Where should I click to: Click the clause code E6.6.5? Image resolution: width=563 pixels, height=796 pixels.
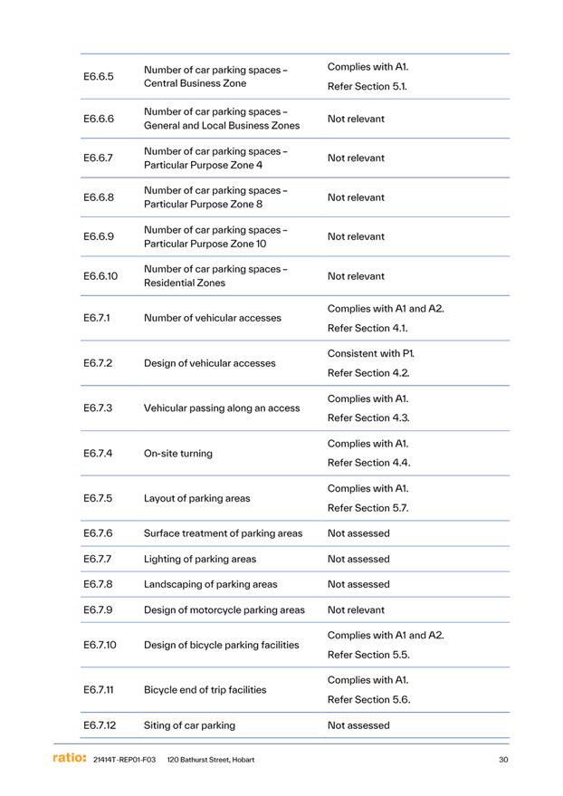click(99, 76)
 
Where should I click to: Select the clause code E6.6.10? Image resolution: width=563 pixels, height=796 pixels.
click(100, 276)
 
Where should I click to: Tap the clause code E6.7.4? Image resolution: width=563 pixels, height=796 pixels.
click(98, 453)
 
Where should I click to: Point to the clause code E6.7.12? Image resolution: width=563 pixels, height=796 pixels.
click(100, 725)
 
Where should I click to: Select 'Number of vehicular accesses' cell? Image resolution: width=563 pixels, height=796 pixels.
click(213, 318)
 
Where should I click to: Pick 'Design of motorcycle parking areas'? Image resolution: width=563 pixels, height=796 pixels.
click(224, 609)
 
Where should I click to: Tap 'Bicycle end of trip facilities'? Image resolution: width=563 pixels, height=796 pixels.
click(205, 690)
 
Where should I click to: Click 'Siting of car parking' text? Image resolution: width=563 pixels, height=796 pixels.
click(189, 725)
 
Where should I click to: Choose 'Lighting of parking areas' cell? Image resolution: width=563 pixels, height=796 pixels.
click(200, 559)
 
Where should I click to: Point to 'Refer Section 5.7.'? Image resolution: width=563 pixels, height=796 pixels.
click(368, 508)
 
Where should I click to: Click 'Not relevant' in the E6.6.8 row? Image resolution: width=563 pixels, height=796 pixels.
click(356, 197)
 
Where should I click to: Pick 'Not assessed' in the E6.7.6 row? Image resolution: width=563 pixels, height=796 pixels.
click(358, 533)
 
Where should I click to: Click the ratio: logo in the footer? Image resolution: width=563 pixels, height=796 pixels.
click(69, 758)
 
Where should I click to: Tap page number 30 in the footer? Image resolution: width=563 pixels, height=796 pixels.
click(503, 760)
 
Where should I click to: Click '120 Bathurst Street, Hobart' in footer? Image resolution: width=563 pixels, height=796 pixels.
click(211, 760)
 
